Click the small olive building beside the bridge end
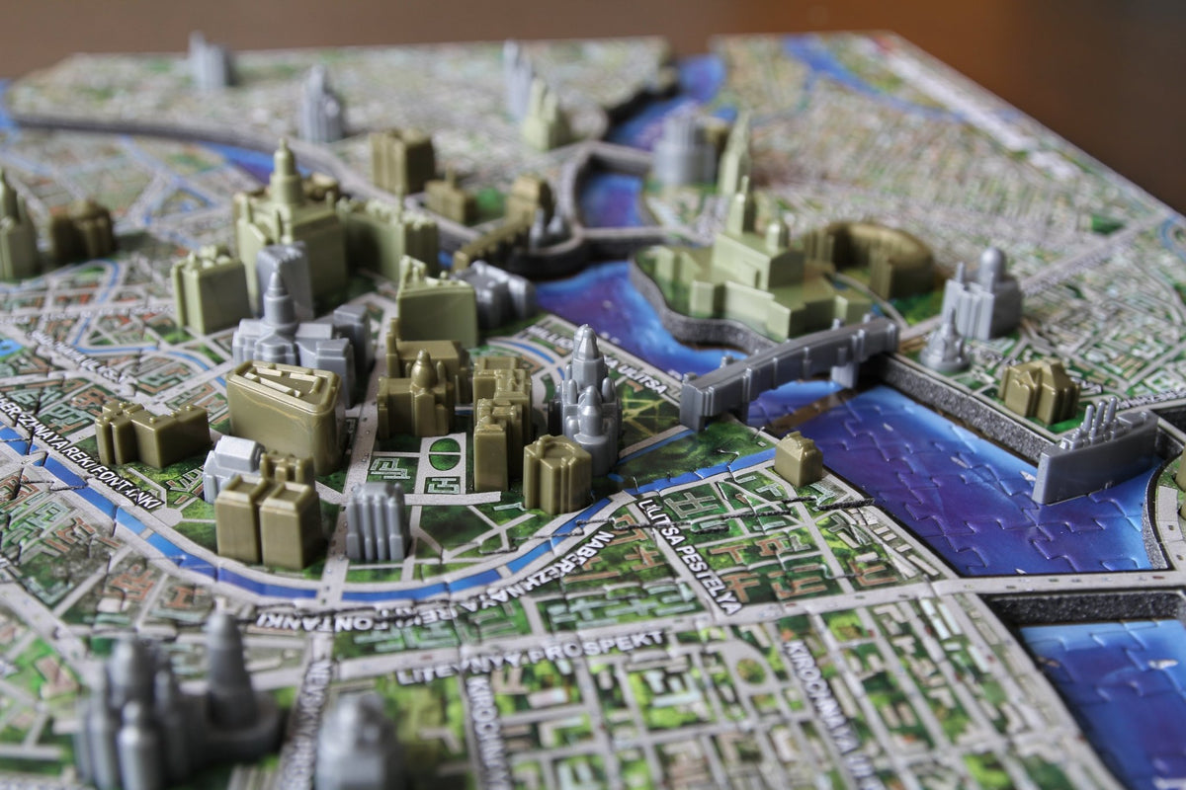point(798,459)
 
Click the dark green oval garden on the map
point(444,454)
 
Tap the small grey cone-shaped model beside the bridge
point(944,346)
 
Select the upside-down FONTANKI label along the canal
point(395,602)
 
